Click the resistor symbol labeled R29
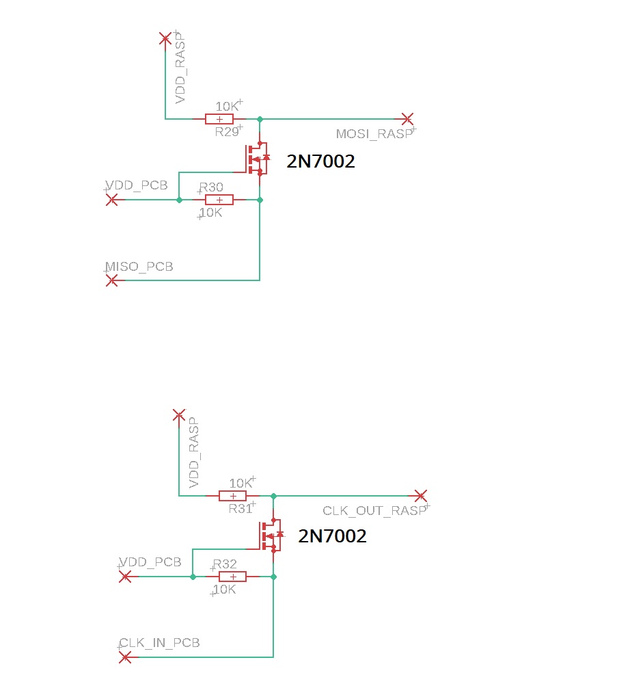point(219,119)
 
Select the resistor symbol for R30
point(219,200)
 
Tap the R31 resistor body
point(232,496)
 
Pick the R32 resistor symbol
point(232,577)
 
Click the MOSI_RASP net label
point(374,134)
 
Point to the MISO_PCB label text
point(139,267)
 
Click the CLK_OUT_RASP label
point(374,510)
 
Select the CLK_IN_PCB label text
point(159,643)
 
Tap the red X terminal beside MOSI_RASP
point(407,118)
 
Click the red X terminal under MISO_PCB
point(112,280)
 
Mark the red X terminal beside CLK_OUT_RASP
point(421,496)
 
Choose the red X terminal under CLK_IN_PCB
point(125,657)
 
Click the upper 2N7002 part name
point(320,161)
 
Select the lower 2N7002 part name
point(332,536)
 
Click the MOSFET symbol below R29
point(258,159)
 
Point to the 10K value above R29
point(228,106)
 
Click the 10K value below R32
point(224,590)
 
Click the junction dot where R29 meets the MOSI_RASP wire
point(260,119)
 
